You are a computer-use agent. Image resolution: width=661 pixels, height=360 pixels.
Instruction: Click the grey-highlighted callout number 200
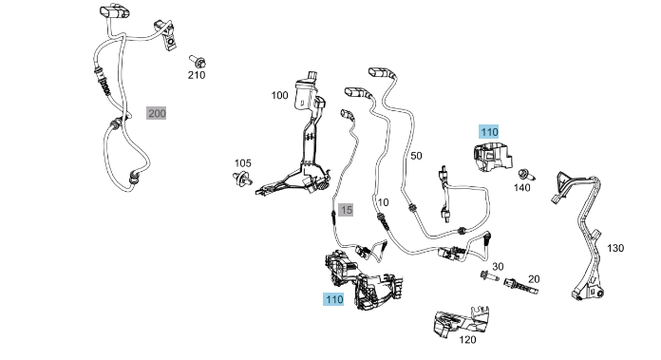tap(157, 113)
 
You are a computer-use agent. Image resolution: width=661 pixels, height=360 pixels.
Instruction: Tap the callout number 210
tap(197, 75)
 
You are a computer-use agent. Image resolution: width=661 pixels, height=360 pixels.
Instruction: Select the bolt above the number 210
tap(198, 61)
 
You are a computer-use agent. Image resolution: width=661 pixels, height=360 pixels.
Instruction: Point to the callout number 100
tap(279, 95)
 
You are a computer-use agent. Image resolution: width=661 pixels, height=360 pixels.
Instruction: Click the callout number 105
tap(242, 163)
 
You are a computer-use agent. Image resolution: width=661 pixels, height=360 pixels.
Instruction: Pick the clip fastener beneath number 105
tap(242, 179)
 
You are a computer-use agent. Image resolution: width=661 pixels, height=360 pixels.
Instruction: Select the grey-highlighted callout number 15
tap(346, 210)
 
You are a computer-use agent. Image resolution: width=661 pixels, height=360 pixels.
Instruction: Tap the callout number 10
tap(383, 202)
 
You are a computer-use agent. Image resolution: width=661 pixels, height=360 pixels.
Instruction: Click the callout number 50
tap(416, 156)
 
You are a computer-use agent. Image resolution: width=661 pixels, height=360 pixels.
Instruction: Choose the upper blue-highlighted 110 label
tap(489, 132)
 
